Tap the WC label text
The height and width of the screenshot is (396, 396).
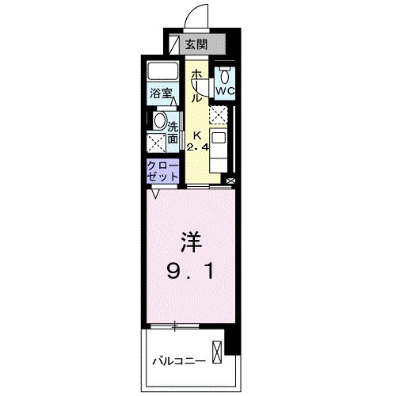tap(225, 90)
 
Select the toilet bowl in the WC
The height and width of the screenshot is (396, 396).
tap(225, 75)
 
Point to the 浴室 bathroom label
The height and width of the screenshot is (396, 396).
tap(163, 92)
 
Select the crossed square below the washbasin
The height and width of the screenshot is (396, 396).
tap(157, 143)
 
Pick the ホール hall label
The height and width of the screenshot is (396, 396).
tap(196, 86)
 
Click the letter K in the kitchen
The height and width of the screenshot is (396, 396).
tap(196, 135)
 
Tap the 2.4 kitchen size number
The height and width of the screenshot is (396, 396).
tap(196, 147)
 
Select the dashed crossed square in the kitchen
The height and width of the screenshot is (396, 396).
tap(219, 115)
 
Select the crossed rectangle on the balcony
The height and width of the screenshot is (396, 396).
tap(216, 350)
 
